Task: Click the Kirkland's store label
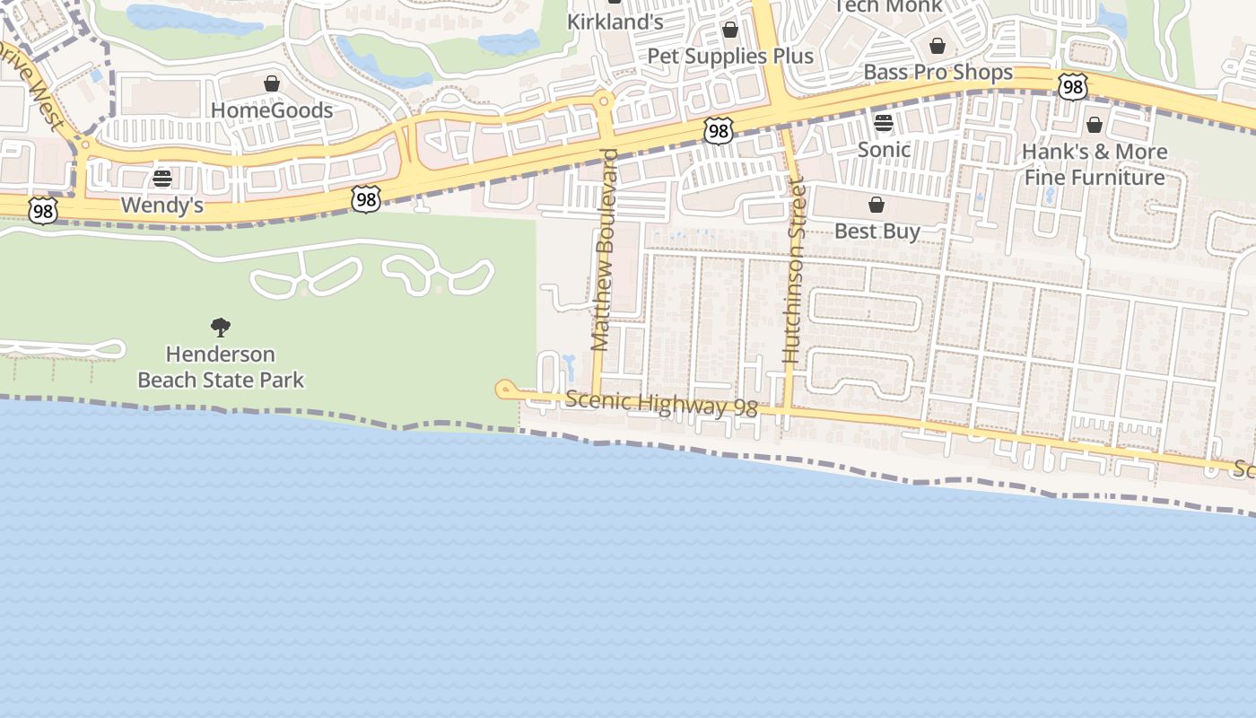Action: coord(615,22)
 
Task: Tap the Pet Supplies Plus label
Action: coord(730,56)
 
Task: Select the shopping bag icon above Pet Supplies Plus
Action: coord(730,31)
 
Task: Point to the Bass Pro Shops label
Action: coord(938,72)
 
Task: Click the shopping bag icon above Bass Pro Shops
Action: coord(938,46)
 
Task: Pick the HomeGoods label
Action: coord(272,110)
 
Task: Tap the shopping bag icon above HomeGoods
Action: coord(272,84)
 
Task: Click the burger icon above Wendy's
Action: coord(162,179)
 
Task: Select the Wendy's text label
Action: coord(162,206)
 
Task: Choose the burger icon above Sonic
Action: coord(884,123)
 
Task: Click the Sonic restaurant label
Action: coord(884,149)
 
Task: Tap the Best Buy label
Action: coord(877,231)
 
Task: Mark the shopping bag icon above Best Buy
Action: coord(877,206)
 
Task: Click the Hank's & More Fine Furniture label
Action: coord(1095,164)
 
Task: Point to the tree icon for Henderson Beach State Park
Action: coord(221,328)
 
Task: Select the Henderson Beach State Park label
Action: coord(221,367)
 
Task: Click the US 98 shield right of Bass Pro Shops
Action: coord(1072,87)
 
